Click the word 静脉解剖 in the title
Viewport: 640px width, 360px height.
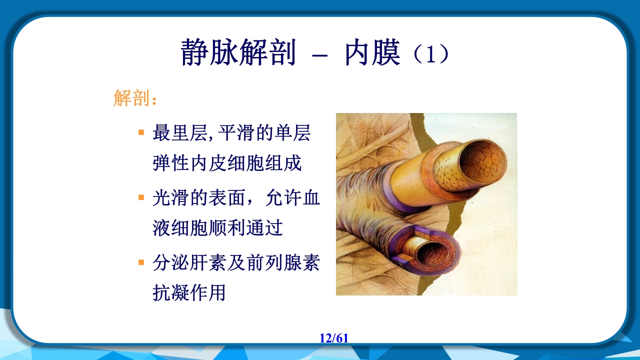tap(238, 53)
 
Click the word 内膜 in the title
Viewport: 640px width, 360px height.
tap(372, 53)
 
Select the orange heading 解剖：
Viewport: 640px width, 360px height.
tap(135, 98)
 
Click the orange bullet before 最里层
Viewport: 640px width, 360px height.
tap(141, 133)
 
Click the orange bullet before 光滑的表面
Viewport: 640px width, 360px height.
tap(141, 197)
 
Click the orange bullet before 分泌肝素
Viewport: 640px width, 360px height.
tap(141, 262)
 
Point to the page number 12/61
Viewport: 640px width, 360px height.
tap(334, 338)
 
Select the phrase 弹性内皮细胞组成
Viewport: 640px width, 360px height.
tap(227, 163)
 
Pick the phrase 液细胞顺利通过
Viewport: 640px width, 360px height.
tap(218, 228)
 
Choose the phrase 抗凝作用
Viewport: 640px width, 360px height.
tap(189, 292)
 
